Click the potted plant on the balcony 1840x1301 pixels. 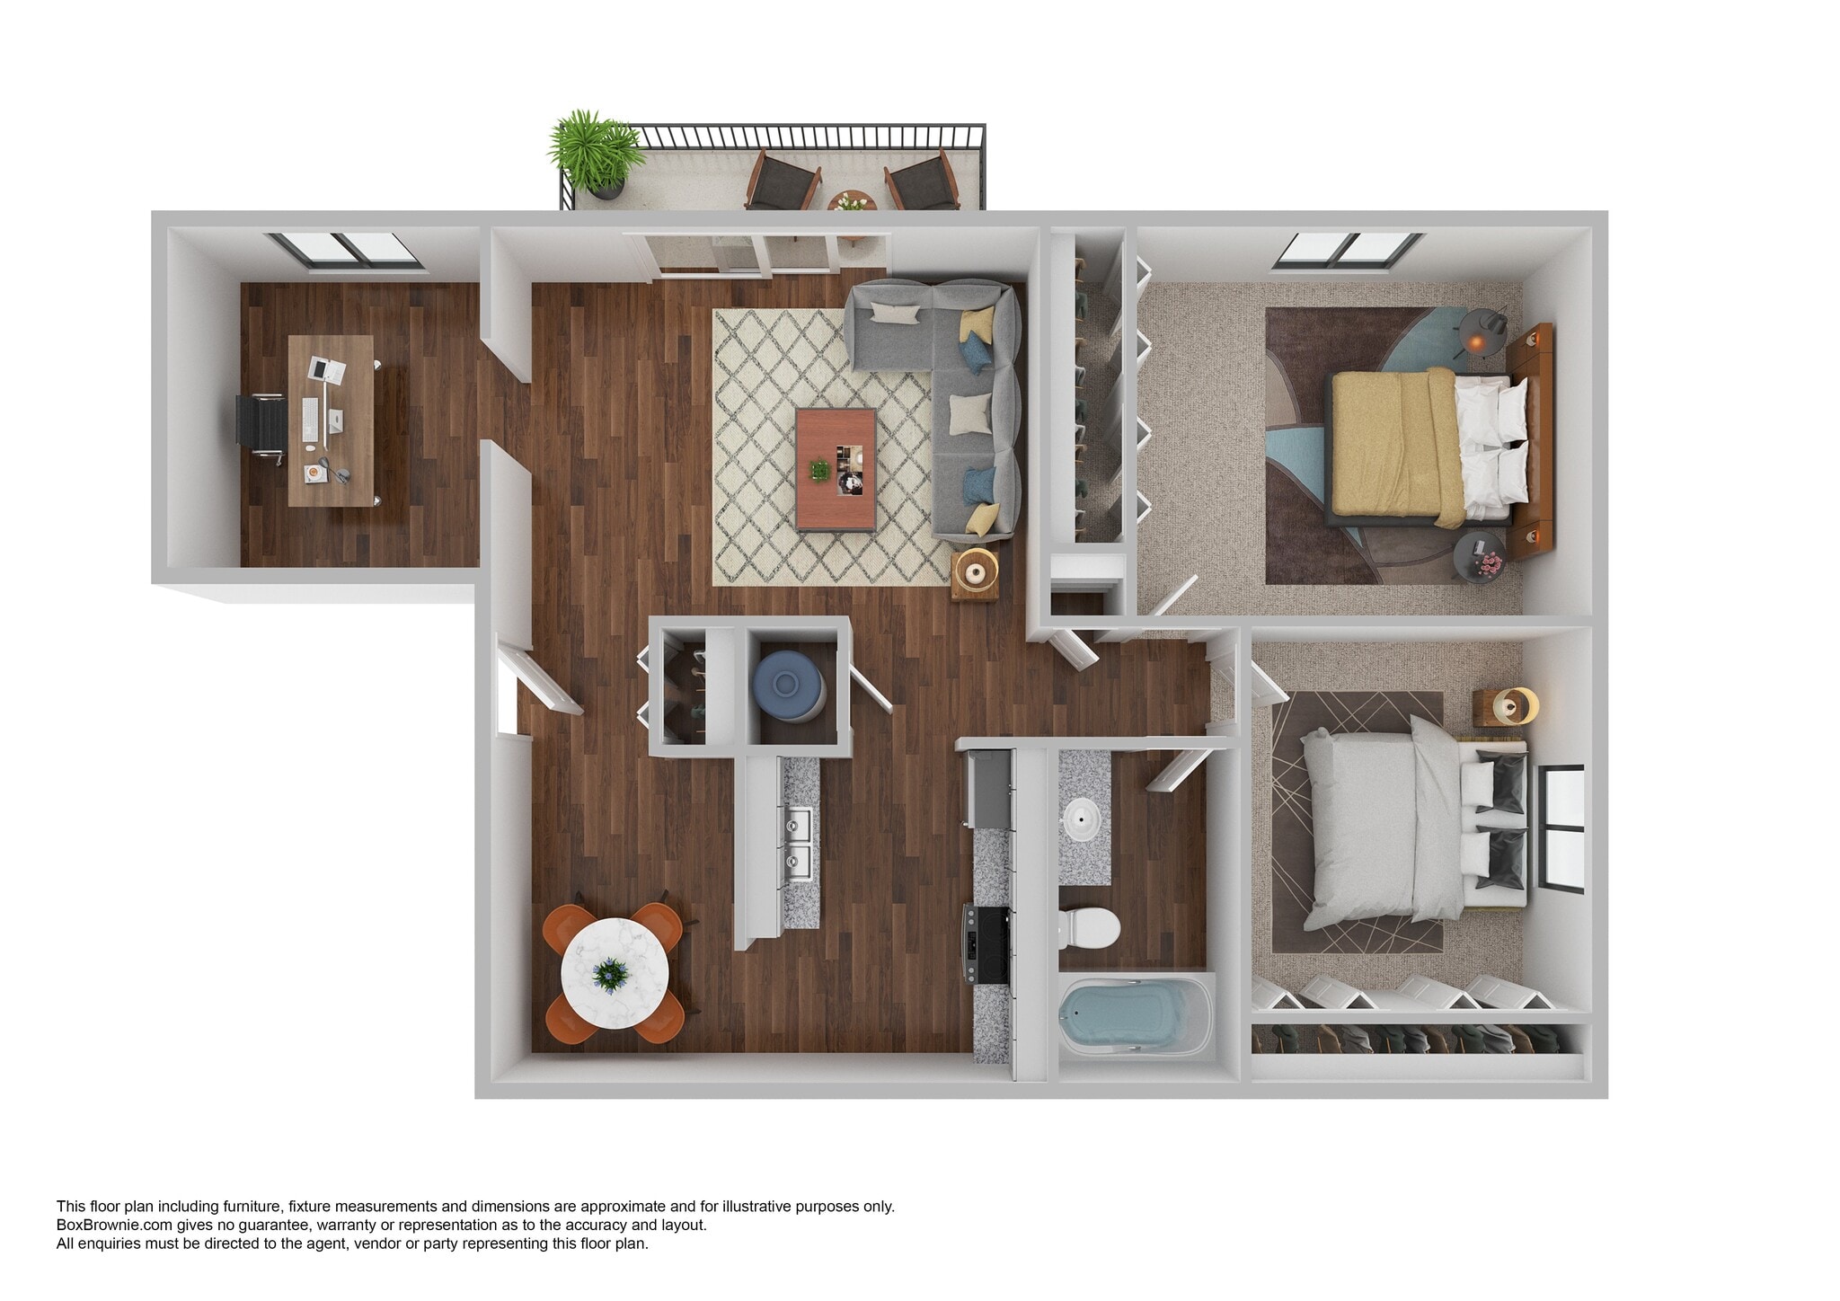point(596,153)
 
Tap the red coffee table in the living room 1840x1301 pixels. point(836,470)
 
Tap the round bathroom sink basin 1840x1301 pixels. point(1083,818)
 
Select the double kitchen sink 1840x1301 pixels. point(798,844)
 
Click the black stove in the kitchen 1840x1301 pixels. point(988,943)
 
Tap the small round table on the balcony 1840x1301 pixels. point(851,202)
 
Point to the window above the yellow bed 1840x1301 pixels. point(1348,249)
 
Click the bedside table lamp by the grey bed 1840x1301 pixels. point(1514,705)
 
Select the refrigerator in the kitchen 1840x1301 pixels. point(988,791)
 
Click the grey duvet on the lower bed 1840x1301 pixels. point(1379,827)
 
